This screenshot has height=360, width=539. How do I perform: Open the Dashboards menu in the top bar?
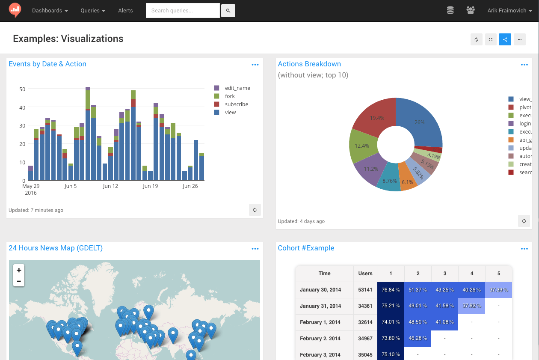pos(50,11)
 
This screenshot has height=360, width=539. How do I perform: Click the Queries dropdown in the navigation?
pos(92,11)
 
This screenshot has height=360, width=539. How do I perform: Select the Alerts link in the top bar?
pos(125,11)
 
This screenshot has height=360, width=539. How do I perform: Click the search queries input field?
pos(183,11)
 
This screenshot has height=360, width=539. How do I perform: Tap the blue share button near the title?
pos(505,39)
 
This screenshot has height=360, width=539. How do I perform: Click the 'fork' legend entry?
pos(230,96)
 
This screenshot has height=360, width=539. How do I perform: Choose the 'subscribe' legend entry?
pos(236,104)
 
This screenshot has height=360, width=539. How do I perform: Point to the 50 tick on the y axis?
pos(22,89)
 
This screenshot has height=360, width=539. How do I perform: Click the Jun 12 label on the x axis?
pos(110,186)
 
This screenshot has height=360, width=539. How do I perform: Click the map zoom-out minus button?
pos(19,281)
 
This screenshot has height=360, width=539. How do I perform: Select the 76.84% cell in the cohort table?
pos(391,290)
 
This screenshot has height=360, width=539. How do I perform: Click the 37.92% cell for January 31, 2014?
pos(471,306)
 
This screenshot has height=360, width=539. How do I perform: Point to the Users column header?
pos(365,274)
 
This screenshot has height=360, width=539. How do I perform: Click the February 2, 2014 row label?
pos(320,339)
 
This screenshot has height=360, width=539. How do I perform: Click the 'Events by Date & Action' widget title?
pos(47,64)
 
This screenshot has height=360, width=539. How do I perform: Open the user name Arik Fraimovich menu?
pos(509,11)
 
